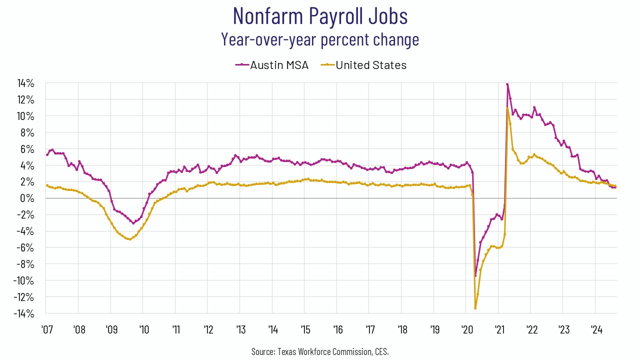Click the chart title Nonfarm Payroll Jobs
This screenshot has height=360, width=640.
(x=320, y=16)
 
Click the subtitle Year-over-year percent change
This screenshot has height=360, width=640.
(x=320, y=39)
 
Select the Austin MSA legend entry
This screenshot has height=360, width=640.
(x=272, y=65)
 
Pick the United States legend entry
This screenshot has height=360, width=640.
(x=370, y=65)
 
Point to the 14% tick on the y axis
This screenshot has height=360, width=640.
(x=26, y=83)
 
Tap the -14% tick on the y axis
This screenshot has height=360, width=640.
(x=24, y=313)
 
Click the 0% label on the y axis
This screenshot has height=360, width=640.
(x=28, y=198)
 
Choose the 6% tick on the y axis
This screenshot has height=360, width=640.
(x=28, y=149)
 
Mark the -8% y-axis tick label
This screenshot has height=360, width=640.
(x=26, y=264)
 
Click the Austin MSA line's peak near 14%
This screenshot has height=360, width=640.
(x=507, y=84)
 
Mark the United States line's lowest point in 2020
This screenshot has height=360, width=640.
(x=475, y=308)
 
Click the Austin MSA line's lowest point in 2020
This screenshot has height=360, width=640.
(x=475, y=276)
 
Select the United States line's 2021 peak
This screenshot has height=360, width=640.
(x=507, y=108)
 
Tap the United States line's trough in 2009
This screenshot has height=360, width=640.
(x=130, y=239)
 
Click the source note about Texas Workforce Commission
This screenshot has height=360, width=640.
(x=320, y=351)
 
